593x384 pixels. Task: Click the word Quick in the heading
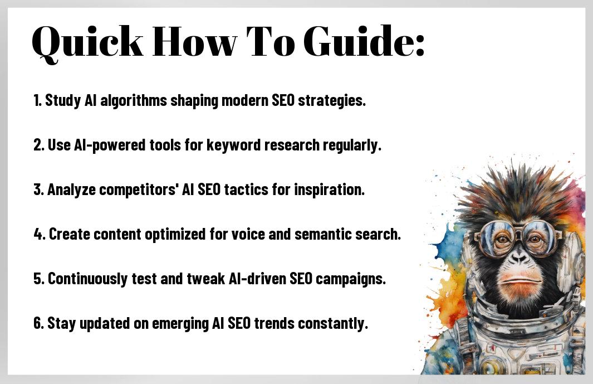(x=87, y=42)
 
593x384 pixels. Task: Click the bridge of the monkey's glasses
(x=517, y=230)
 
